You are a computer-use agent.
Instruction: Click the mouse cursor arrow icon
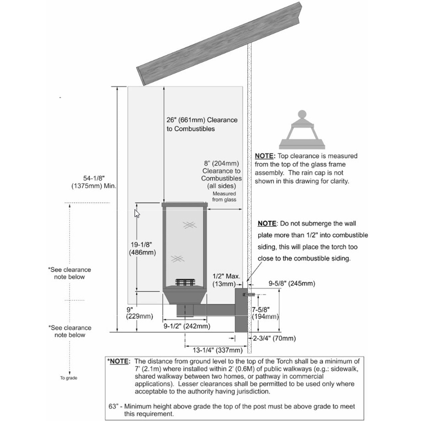click(137, 213)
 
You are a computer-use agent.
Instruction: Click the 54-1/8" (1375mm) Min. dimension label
click(94, 182)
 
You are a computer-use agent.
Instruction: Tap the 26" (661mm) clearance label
click(202, 124)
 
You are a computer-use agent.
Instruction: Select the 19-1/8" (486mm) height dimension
click(142, 248)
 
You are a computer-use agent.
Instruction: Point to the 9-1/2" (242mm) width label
click(187, 326)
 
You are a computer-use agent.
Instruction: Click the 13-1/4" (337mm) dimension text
click(218, 350)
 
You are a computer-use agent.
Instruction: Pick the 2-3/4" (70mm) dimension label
click(274, 338)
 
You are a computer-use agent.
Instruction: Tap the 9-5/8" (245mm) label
click(292, 283)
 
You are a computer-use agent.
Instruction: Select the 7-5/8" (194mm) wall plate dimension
click(265, 313)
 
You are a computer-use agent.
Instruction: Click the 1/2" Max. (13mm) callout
click(226, 280)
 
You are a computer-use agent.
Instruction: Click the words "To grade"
click(69, 378)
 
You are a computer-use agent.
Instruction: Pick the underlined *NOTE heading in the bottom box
click(118, 361)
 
